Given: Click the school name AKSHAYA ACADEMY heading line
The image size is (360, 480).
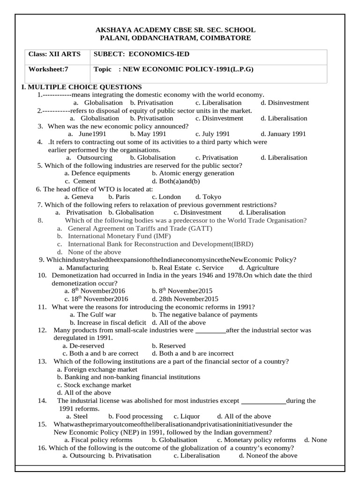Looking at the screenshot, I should [x=175, y=30].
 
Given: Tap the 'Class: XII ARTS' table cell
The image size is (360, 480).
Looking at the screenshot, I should [x=54, y=54].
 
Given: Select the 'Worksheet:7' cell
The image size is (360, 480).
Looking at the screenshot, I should [x=48, y=69].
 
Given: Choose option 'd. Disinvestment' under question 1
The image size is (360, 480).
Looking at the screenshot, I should [x=285, y=103].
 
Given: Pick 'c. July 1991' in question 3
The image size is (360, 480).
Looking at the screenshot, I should [x=212, y=134].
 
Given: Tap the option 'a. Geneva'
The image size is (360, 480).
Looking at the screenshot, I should [x=79, y=197].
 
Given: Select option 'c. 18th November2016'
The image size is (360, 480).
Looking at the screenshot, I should [x=96, y=299].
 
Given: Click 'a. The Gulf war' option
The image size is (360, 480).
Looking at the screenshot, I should [x=92, y=315].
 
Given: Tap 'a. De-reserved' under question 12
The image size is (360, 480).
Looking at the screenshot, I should [x=84, y=345].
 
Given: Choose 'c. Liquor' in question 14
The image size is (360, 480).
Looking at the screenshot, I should [x=187, y=416].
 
